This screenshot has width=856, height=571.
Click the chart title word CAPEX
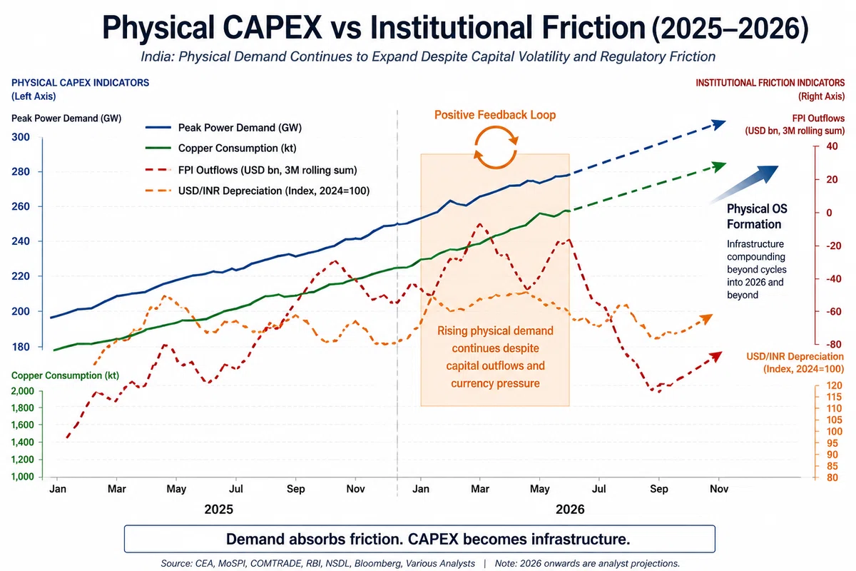272,28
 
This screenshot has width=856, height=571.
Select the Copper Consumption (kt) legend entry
221,148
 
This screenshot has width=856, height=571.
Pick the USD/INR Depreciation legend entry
258,191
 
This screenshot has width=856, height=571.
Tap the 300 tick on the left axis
21,137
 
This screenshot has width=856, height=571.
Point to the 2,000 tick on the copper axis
23,391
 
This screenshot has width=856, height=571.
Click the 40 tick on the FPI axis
832,146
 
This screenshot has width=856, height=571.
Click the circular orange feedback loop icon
496,148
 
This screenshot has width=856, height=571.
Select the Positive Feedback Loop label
495,115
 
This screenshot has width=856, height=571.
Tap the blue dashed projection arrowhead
718,125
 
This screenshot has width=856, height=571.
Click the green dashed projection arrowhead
718,167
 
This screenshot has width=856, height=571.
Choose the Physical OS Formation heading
757,216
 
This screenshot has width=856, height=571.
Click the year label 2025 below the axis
218,510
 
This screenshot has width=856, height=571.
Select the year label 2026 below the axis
570,510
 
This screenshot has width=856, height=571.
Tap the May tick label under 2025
176,489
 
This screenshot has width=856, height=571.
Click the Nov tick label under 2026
719,489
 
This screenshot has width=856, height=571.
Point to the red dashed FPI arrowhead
715,356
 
